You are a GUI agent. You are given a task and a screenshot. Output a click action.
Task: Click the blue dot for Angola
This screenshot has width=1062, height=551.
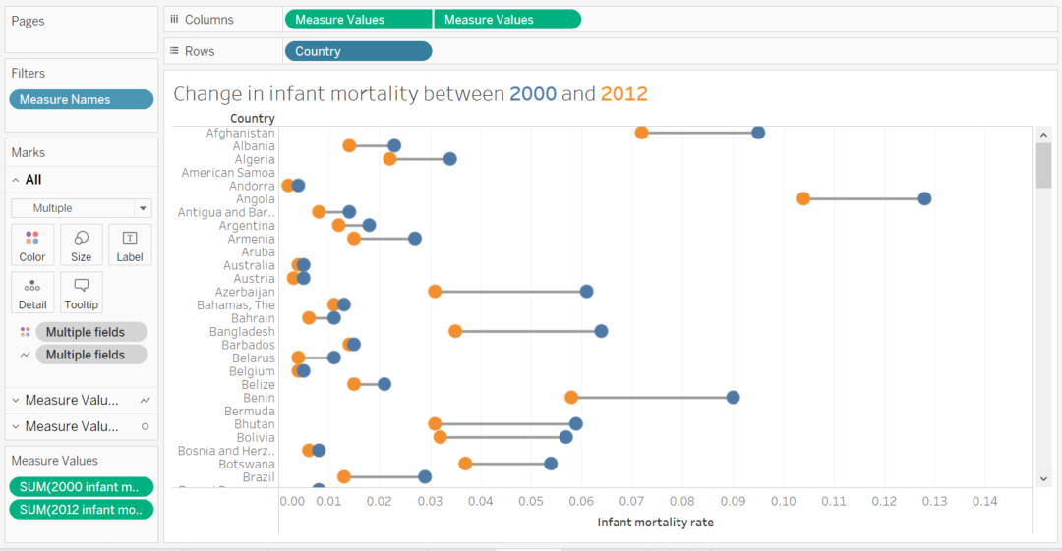(924, 198)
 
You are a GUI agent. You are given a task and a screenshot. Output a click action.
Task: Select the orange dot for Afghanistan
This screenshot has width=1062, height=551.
(641, 133)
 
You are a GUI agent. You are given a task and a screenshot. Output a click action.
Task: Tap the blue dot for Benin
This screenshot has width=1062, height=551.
(733, 397)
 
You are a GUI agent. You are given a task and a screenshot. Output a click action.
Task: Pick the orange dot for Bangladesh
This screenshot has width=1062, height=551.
(455, 331)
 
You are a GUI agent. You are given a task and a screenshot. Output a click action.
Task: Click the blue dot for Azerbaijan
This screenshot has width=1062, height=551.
(586, 291)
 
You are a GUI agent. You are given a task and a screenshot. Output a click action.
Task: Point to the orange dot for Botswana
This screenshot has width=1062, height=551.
(465, 464)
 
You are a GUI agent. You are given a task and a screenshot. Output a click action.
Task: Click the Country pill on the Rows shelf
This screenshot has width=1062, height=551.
(358, 51)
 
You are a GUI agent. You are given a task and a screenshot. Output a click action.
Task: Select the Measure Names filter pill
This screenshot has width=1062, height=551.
(82, 99)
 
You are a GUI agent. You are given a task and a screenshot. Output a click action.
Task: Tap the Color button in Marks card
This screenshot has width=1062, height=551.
(32, 244)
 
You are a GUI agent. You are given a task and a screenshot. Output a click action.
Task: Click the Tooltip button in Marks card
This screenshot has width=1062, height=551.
(82, 292)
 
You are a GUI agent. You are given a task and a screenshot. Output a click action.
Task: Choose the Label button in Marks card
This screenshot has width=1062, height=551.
(130, 244)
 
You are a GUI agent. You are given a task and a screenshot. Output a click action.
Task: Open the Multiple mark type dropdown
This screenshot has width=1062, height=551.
(82, 208)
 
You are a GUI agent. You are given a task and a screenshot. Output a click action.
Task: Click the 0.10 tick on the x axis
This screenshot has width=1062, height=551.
(783, 501)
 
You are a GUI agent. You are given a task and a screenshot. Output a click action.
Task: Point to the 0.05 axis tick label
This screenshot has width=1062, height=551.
(531, 501)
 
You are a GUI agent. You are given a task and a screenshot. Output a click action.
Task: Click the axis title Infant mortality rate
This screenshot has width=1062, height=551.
(655, 523)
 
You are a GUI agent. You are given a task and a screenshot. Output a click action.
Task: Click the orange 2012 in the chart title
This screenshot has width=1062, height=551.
(623, 94)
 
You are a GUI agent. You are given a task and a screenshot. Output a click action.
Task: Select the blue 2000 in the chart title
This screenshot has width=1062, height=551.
(532, 94)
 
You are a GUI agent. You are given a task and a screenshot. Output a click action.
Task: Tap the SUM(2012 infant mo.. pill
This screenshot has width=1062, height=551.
(82, 509)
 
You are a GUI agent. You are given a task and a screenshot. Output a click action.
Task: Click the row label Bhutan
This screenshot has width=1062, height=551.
(255, 423)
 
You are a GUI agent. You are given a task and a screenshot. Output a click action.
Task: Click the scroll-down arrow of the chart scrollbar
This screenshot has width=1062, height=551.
(1043, 478)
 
